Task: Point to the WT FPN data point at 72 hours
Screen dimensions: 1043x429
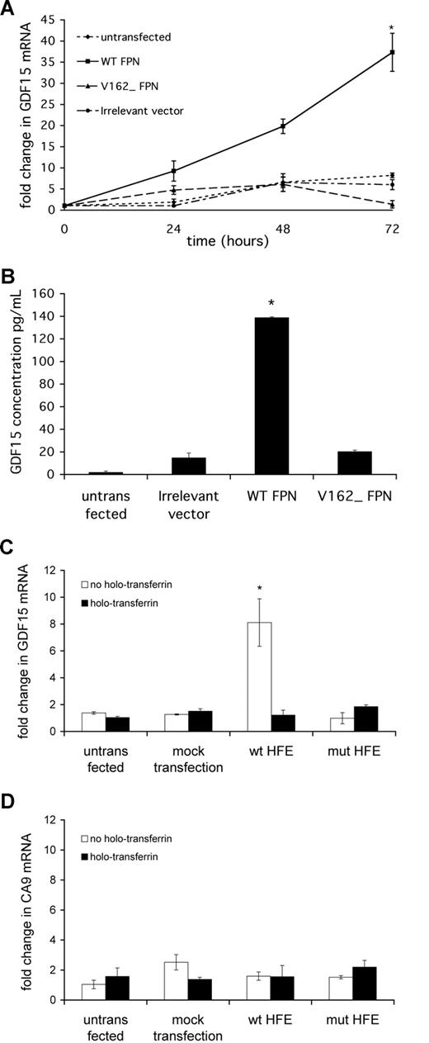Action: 392,52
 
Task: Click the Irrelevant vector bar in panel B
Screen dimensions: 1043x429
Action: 200,466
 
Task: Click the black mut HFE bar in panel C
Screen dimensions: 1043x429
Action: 364,718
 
